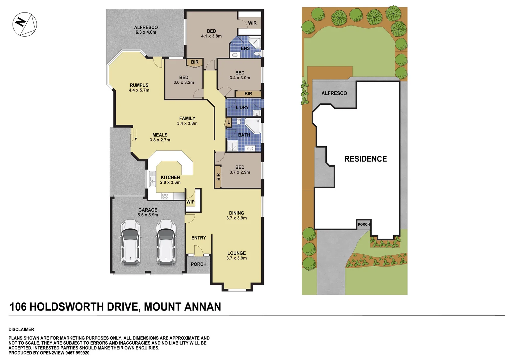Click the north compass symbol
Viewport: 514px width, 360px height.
click(x=25, y=24)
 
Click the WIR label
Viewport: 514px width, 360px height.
click(x=252, y=23)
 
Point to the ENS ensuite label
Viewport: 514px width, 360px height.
click(x=245, y=48)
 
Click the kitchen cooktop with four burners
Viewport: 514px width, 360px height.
click(x=165, y=196)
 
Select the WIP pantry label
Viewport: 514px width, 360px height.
click(x=190, y=202)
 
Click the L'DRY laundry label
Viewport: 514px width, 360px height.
click(x=242, y=107)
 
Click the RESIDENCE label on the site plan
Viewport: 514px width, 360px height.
click(x=365, y=159)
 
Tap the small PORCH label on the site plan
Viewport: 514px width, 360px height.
click(x=364, y=224)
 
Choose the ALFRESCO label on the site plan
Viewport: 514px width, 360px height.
click(x=334, y=93)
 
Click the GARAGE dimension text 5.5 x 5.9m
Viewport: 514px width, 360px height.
click(x=148, y=215)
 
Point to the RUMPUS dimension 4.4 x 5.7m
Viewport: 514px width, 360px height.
click(x=139, y=90)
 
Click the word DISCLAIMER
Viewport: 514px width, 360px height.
click(x=21, y=329)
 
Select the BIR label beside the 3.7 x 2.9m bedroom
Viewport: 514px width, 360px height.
click(x=218, y=177)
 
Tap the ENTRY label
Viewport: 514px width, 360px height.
click(x=198, y=238)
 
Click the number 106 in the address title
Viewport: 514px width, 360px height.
click(x=18, y=307)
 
